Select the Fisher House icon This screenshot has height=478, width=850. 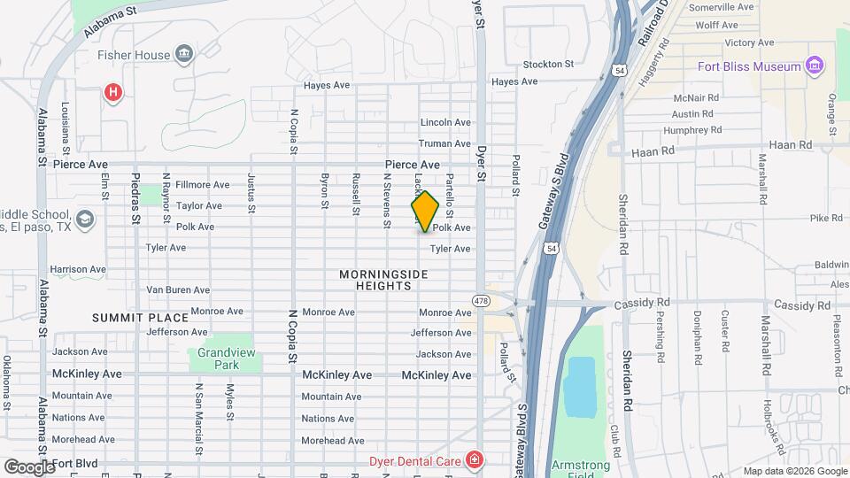pos(184,55)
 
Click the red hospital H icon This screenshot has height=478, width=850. pos(112,92)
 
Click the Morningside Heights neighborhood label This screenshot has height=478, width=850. pos(383,280)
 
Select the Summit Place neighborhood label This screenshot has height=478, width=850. pos(141,317)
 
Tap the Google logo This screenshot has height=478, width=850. pos(29,466)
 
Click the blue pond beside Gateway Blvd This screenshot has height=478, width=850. pos(580,387)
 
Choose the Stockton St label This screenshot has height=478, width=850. pos(549,65)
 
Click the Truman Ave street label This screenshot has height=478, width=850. pos(445,143)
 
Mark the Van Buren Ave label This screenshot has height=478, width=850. pos(177,289)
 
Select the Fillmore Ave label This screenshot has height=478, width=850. pos(202,185)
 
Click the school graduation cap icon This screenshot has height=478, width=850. pos(84,220)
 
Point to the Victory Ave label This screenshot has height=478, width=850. pos(749,42)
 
